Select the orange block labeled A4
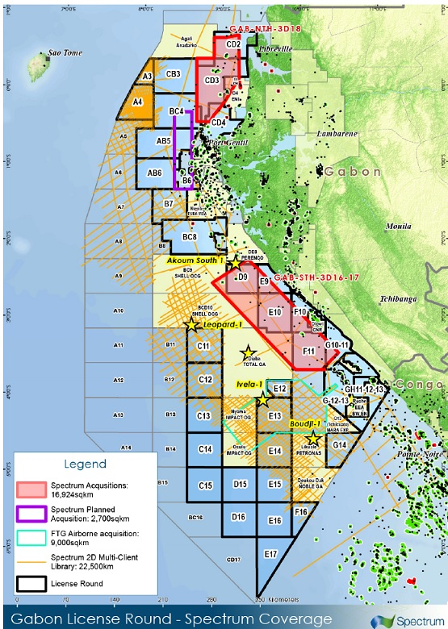pos(138,102)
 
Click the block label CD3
pos(212,81)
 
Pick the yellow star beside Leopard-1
pos(191,325)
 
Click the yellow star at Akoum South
pos(234,264)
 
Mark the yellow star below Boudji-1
pos(313,438)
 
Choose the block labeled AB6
pos(155,173)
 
